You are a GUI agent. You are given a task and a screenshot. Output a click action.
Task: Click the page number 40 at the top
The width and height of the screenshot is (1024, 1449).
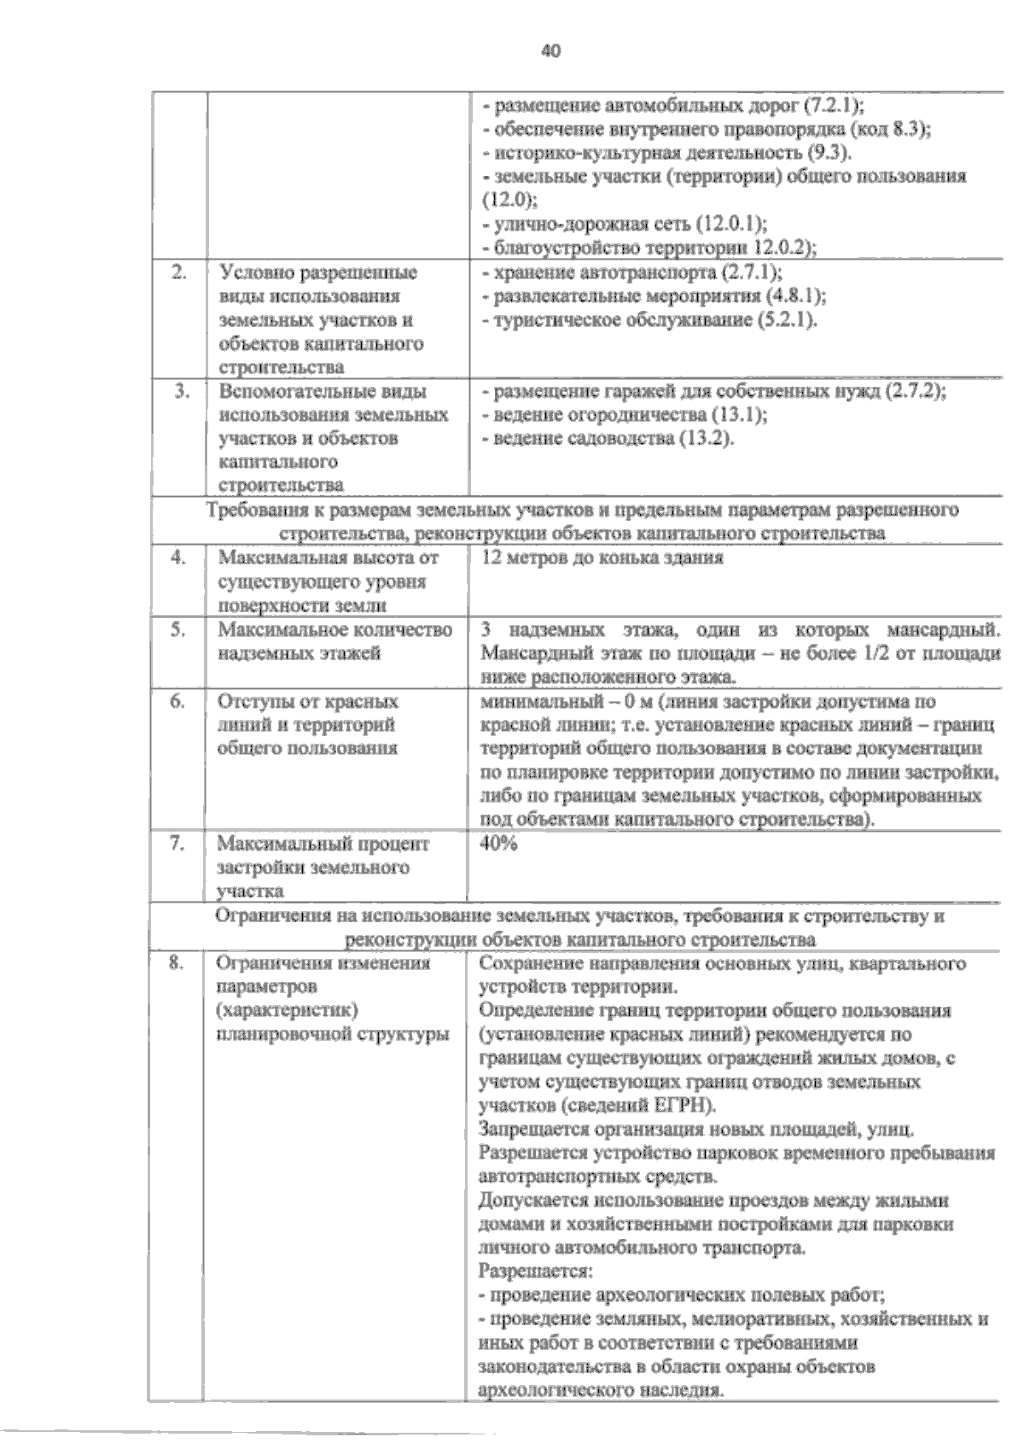point(551,51)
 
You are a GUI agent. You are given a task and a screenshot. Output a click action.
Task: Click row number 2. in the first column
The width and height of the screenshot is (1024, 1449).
point(179,273)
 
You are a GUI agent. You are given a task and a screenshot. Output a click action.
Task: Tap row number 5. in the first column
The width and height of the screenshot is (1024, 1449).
point(178,630)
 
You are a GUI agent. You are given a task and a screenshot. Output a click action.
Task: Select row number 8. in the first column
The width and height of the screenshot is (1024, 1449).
point(177,963)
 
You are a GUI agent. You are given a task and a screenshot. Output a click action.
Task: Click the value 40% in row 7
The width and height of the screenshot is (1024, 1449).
point(499,844)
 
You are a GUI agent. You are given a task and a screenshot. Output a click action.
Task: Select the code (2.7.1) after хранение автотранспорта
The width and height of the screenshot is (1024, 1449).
point(751,273)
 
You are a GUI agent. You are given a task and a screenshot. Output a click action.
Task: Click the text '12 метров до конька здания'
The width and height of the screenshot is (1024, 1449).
point(602,558)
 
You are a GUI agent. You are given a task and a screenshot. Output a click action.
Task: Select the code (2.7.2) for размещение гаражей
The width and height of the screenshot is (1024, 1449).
point(917,392)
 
